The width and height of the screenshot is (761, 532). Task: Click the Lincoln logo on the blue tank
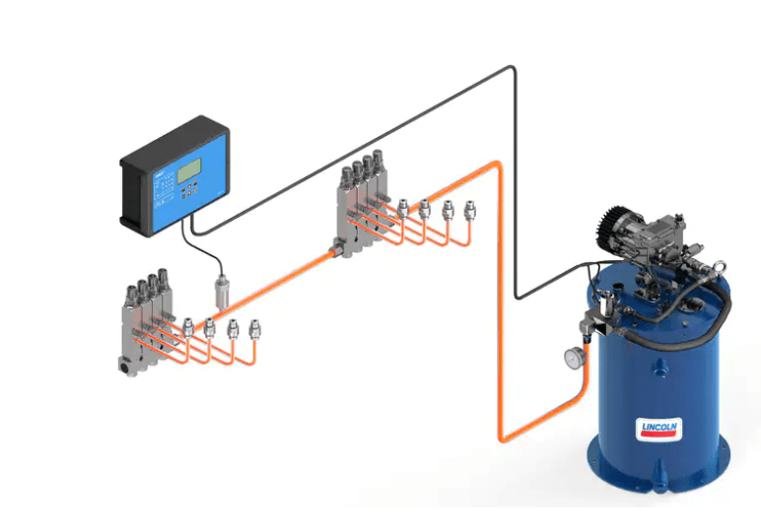657,428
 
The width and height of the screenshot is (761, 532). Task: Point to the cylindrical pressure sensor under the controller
222,294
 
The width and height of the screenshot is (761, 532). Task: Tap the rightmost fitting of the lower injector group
256,328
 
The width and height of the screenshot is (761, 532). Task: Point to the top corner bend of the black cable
512,69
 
